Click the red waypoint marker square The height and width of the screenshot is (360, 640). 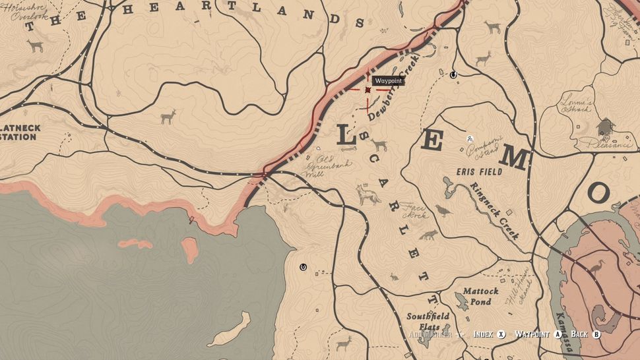pos(368,89)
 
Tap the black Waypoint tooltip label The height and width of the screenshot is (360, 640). pos(388,81)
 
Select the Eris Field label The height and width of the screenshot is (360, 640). pos(478,171)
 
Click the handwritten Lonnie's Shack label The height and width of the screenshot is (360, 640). pos(577,105)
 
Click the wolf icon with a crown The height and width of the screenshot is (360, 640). pos(368,195)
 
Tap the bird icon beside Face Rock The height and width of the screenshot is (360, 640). pos(443,210)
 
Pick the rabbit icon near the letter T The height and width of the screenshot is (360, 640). pos(394,277)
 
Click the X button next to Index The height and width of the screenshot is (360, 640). pos(501,334)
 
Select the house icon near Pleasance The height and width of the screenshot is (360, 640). pos(604,125)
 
